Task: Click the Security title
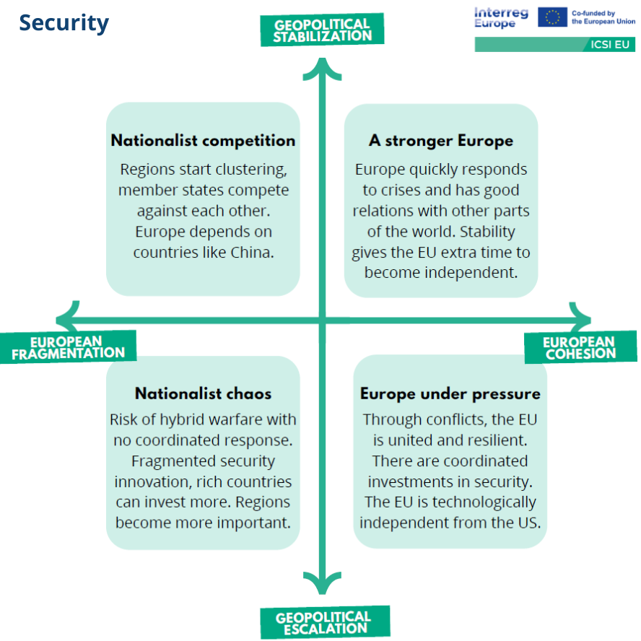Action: (64, 23)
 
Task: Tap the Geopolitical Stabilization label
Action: (322, 30)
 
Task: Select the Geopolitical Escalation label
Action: (325, 622)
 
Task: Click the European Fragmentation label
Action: (68, 347)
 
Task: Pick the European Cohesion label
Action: (580, 347)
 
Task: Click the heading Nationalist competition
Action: (203, 141)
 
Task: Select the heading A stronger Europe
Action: (440, 141)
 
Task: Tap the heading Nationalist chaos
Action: (203, 393)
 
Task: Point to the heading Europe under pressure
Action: (450, 394)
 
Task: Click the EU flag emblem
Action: (552, 17)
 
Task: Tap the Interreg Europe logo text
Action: (501, 17)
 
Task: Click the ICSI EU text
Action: (609, 45)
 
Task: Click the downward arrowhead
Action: (322, 583)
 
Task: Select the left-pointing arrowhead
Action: (67, 320)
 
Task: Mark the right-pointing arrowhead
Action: (580, 320)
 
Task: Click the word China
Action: (252, 252)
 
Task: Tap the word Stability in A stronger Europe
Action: (487, 232)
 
